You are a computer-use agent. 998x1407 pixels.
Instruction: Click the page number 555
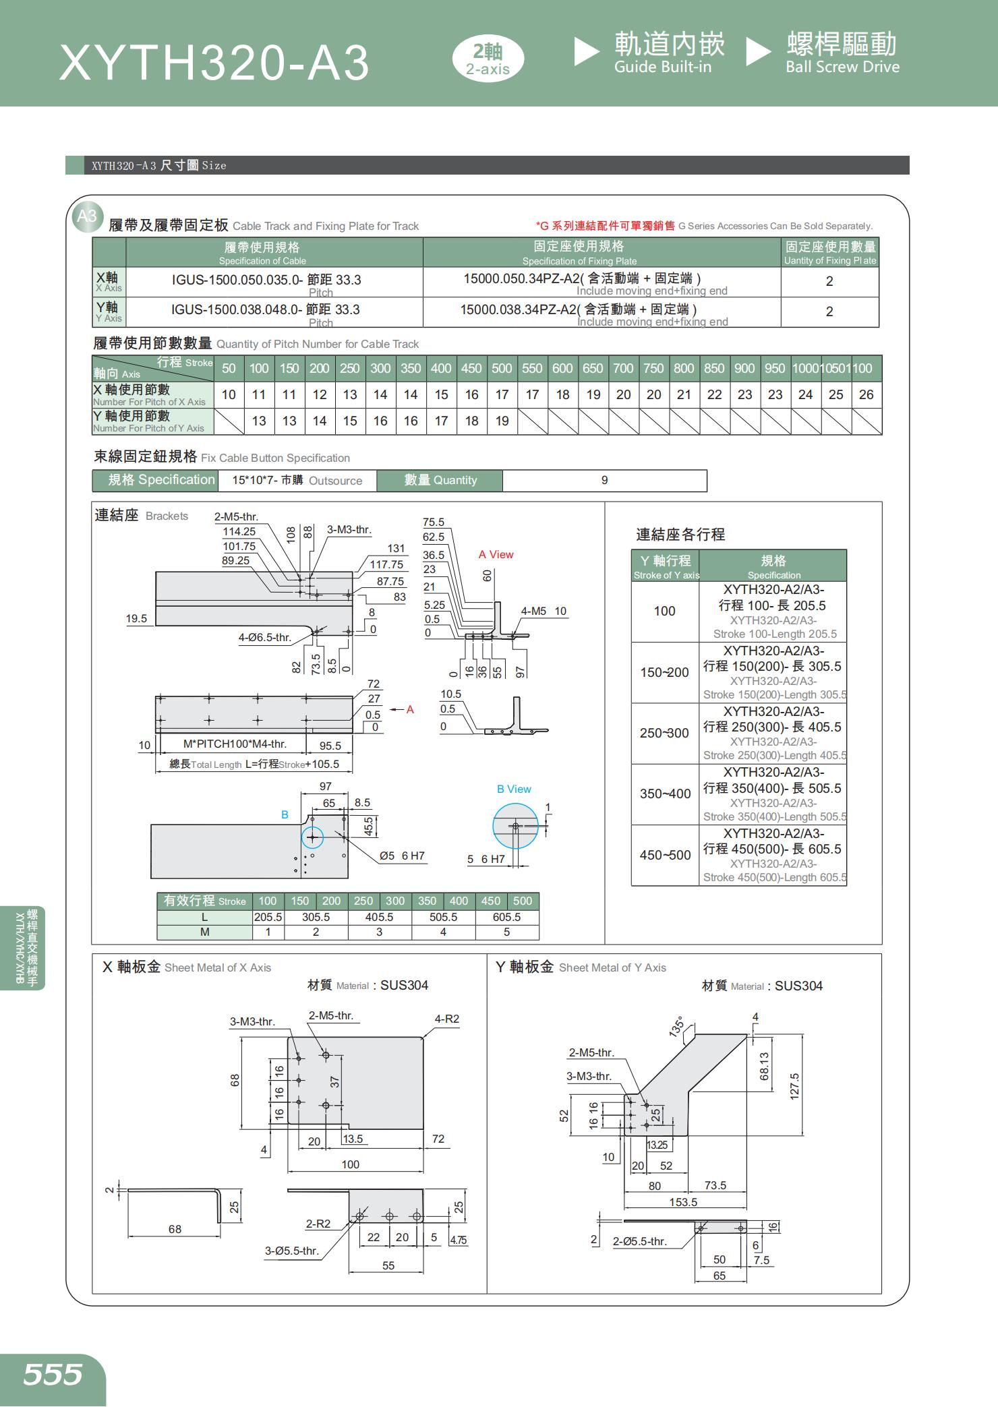[53, 1373]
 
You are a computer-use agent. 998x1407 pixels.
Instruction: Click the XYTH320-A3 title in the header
[214, 63]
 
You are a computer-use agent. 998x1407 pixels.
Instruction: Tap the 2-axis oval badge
[488, 59]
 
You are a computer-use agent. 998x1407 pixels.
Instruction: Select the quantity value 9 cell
[604, 480]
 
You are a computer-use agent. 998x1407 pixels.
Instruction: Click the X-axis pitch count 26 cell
[866, 394]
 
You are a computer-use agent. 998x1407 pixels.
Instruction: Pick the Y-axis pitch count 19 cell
[502, 421]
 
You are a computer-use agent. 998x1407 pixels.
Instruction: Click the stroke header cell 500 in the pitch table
[502, 368]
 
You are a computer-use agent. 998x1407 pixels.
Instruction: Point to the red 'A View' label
[496, 554]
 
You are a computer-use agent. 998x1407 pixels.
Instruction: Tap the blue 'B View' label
[514, 789]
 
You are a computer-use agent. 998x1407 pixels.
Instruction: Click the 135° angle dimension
[676, 1026]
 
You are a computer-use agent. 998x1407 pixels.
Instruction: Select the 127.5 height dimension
[794, 1086]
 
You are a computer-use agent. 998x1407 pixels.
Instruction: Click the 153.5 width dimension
[683, 1202]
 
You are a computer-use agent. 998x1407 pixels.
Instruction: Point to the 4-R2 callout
[447, 1019]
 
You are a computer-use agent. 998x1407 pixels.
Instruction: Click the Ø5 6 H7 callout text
[402, 856]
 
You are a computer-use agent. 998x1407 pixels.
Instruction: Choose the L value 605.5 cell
[506, 917]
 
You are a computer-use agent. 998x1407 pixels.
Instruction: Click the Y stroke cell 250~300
[664, 733]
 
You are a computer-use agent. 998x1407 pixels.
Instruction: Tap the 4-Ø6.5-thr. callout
[264, 637]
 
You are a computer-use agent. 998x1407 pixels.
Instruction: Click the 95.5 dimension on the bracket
[330, 745]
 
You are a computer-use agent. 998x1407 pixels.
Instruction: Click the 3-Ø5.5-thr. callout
[291, 1251]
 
